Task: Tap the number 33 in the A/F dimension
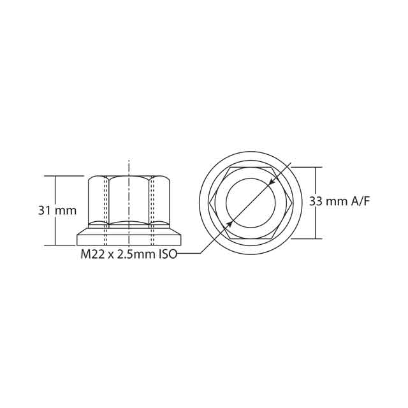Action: [316, 201]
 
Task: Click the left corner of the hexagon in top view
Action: [211, 203]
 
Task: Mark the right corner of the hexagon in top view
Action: [292, 203]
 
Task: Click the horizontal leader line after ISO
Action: [189, 254]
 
